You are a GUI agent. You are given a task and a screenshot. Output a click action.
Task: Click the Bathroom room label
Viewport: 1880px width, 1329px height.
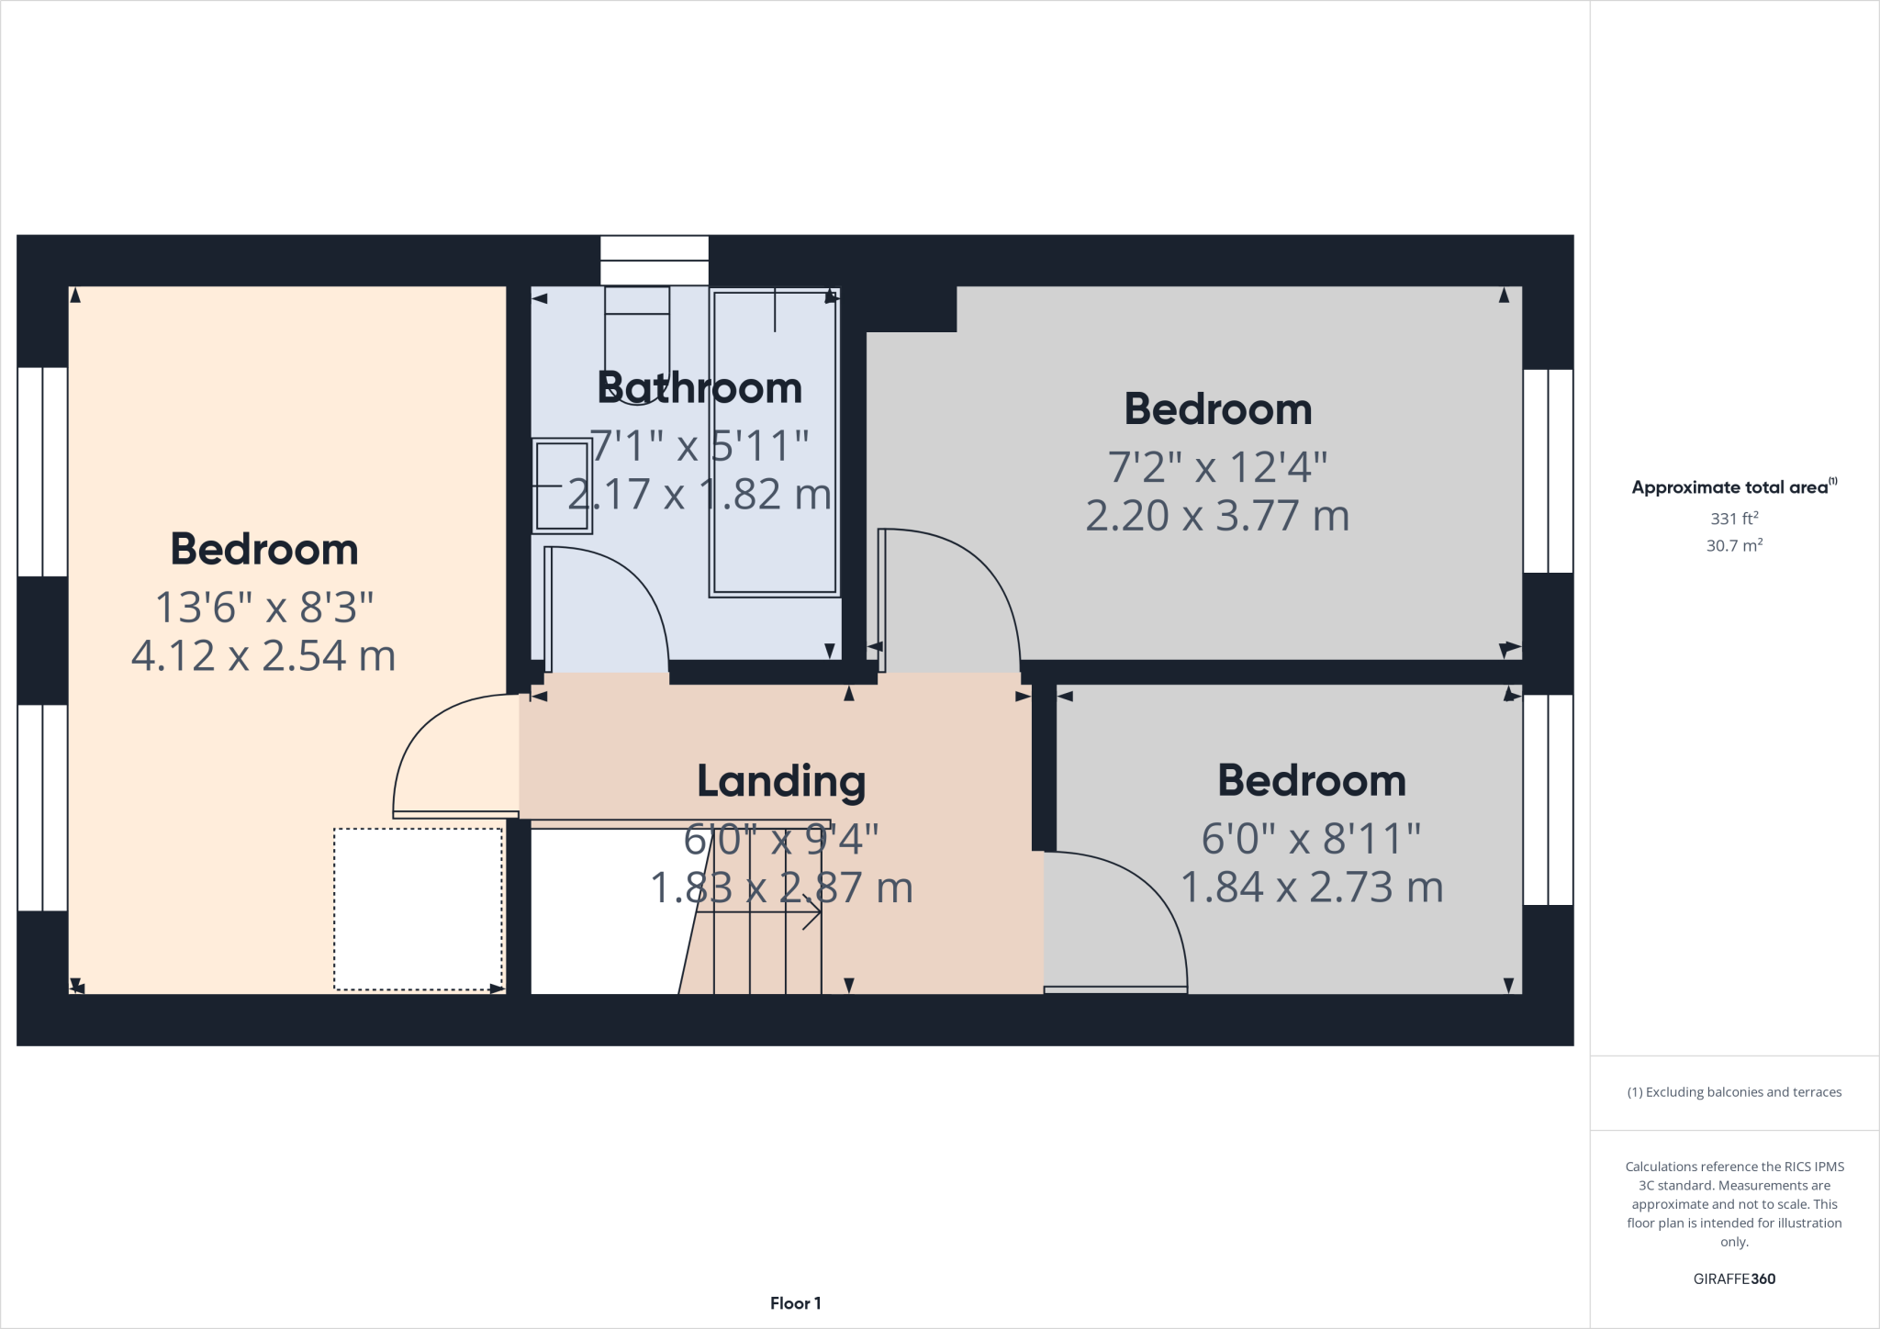click(x=699, y=388)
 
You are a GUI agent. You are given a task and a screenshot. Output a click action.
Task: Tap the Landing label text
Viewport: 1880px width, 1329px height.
click(x=781, y=782)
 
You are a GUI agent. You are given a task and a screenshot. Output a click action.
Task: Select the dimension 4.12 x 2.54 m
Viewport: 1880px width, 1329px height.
click(x=263, y=656)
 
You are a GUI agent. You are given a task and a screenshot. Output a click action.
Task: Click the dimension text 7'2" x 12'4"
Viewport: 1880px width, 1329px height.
click(x=1217, y=467)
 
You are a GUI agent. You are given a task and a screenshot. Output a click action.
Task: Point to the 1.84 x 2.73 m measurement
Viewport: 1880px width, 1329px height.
click(x=1312, y=888)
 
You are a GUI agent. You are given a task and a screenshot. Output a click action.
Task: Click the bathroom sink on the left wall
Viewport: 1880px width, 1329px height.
click(x=562, y=486)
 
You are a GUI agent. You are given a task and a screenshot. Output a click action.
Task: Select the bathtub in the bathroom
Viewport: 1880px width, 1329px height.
click(x=775, y=442)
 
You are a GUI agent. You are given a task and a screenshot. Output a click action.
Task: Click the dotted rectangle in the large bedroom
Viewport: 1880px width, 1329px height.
click(x=418, y=910)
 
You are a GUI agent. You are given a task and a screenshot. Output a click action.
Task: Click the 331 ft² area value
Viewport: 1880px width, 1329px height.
click(x=1734, y=519)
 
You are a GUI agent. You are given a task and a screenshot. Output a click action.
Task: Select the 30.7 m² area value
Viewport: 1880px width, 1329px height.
click(x=1734, y=546)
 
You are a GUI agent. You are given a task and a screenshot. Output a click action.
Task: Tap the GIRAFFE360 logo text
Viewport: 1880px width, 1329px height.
click(x=1734, y=1279)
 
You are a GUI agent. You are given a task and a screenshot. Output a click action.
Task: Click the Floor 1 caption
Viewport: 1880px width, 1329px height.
click(x=795, y=1303)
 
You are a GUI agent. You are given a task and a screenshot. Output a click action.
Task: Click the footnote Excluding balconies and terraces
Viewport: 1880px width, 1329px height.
click(x=1734, y=1092)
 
